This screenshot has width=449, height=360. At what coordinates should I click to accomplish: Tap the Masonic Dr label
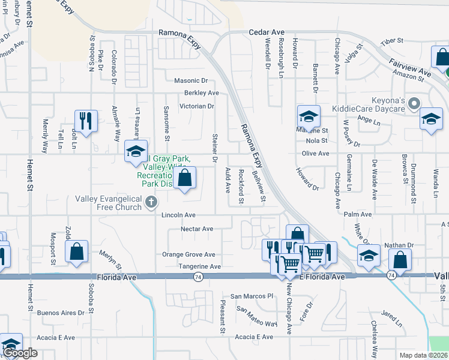(190, 80)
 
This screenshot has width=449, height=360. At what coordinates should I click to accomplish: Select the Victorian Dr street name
(193, 106)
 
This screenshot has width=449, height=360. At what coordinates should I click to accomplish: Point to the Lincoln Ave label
(179, 215)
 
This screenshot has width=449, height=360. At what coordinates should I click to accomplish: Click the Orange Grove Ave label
(188, 254)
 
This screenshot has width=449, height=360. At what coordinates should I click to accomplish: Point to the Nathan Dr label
(399, 245)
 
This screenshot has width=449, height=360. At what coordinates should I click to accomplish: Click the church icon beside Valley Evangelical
(151, 204)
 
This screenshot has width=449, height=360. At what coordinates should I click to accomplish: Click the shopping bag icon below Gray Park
(185, 178)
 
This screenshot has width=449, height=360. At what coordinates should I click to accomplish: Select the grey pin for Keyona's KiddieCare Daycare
(413, 104)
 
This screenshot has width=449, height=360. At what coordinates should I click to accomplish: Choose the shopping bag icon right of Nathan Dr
(400, 260)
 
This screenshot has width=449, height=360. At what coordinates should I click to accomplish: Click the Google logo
(20, 353)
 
